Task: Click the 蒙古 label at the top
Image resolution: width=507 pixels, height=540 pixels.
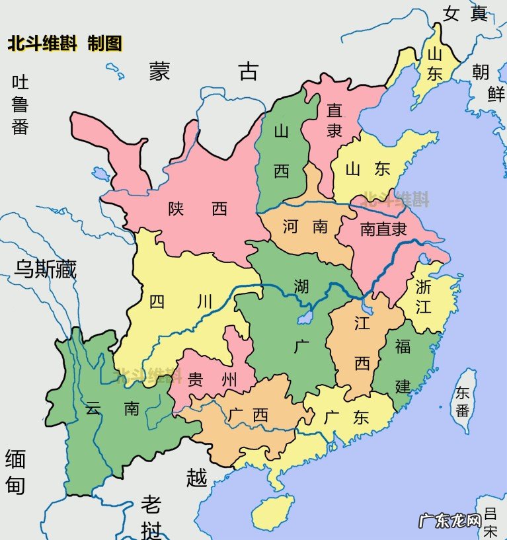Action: (203, 71)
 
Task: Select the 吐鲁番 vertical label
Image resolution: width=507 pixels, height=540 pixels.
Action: (20, 105)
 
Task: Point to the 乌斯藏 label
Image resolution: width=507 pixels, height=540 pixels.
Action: (46, 269)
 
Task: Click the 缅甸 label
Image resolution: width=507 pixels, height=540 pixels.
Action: (15, 472)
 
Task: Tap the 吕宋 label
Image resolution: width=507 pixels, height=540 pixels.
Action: (490, 521)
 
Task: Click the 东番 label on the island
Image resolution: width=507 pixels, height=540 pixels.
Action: (463, 402)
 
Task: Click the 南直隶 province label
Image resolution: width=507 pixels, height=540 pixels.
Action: (383, 229)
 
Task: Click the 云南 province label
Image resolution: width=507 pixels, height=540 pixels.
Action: (112, 408)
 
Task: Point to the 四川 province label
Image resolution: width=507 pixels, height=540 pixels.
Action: (180, 302)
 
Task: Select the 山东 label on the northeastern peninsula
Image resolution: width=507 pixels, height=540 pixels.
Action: (434, 64)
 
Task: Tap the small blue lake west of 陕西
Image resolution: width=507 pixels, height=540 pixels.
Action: (101, 174)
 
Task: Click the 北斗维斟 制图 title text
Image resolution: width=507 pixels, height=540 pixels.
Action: (65, 44)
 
